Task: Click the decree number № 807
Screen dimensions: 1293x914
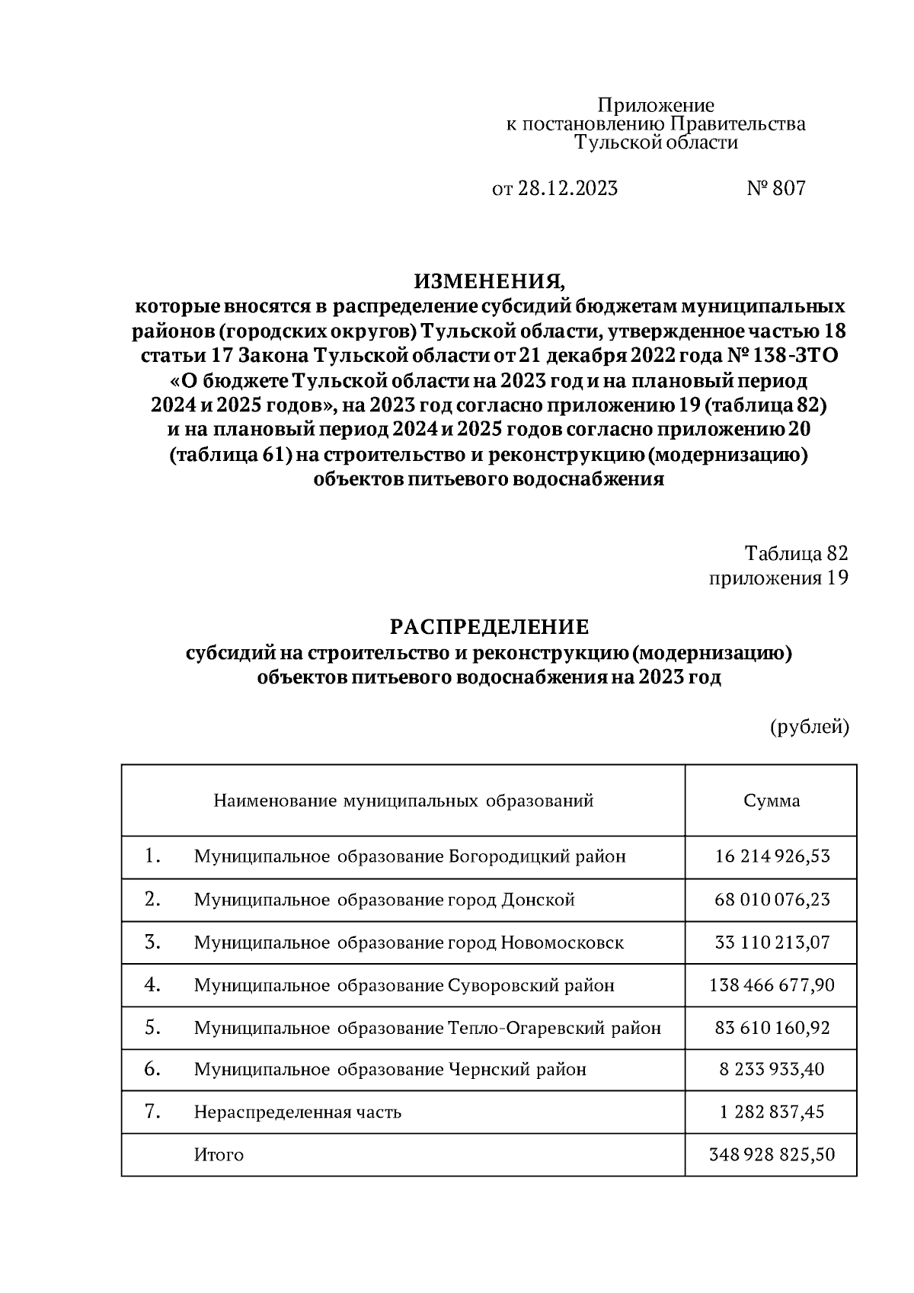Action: pos(775,188)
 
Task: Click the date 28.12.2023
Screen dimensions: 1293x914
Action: pos(568,188)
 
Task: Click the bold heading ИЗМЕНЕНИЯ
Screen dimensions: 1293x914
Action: pos(490,281)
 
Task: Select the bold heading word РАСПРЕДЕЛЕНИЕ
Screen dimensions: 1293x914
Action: pos(490,627)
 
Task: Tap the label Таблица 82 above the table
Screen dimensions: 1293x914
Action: pos(796,553)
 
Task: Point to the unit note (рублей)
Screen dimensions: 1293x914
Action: pos(809,726)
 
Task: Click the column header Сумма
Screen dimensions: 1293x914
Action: pos(772,801)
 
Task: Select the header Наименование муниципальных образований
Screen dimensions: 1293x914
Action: pos(403,801)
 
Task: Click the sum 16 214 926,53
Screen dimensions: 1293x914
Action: pos(772,856)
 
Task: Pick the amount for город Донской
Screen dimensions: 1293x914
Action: pos(772,900)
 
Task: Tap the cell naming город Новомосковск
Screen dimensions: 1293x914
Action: pos(408,943)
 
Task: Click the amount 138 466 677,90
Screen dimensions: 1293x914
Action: pos(772,985)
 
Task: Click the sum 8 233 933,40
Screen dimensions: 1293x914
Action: pos(772,1070)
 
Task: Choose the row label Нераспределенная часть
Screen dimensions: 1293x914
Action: pos(297,1112)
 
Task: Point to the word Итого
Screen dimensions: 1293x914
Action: pos(219,1155)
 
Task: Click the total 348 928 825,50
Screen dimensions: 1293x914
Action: pos(772,1155)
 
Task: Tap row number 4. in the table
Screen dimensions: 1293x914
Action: pos(152,984)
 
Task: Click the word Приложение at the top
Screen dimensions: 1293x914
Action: pos(655,105)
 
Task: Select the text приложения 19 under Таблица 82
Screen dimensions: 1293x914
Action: pos(778,578)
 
